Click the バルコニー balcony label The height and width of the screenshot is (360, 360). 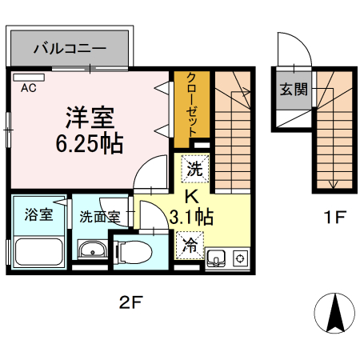pos(70,49)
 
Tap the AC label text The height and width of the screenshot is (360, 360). pos(29,87)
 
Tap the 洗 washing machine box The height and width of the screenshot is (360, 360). pos(194,169)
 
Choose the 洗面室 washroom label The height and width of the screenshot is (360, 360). pos(98,215)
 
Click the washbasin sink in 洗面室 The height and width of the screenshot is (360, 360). pos(93,250)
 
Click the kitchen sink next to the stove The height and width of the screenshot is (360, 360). pos(217,258)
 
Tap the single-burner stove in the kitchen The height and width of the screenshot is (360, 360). pos(238,258)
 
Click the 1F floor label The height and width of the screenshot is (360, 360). pos(334,216)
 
